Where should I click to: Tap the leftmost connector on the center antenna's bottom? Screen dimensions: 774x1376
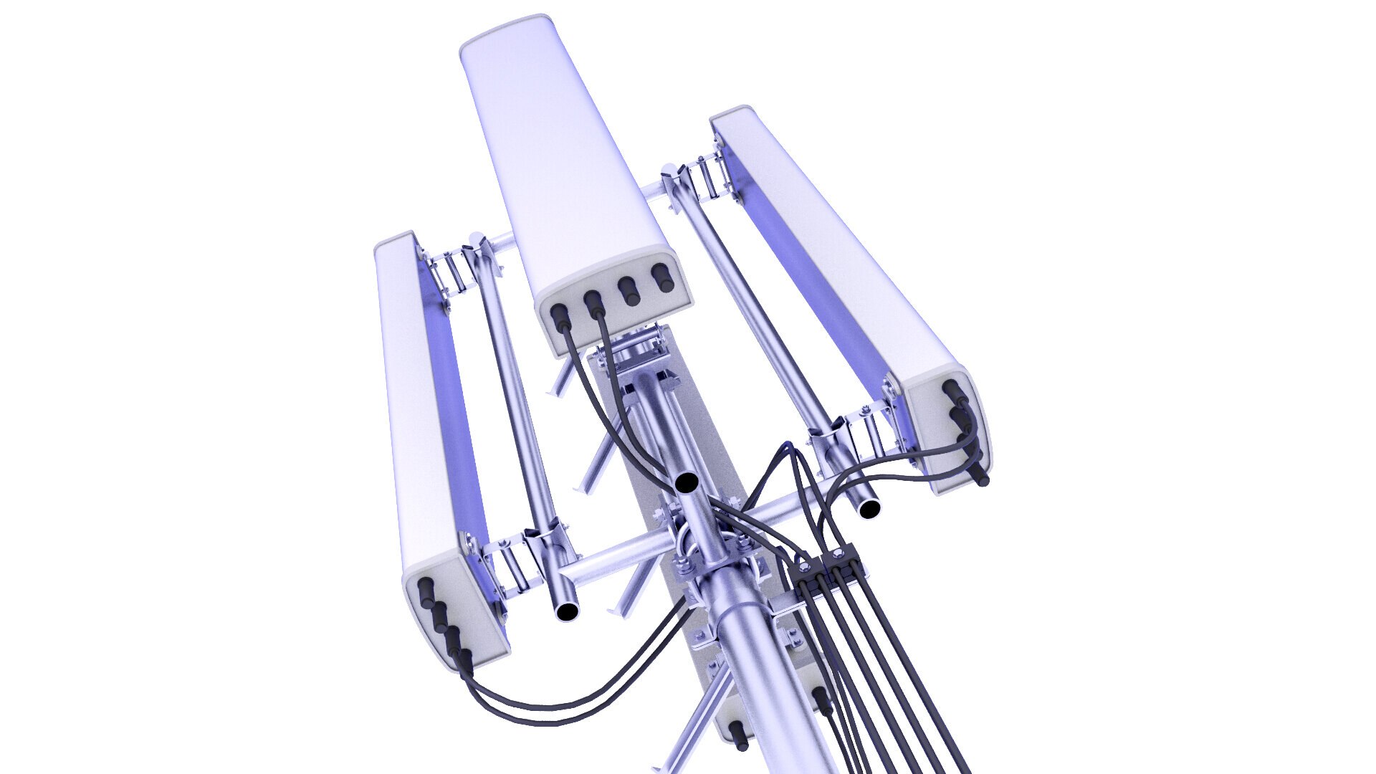pos(558,313)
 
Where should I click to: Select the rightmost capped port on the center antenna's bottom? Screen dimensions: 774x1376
pos(661,276)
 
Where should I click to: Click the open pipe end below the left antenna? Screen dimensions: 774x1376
pos(567,611)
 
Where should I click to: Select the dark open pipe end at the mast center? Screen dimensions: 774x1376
pos(687,482)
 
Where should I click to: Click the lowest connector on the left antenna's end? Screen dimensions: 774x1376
pos(465,657)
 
